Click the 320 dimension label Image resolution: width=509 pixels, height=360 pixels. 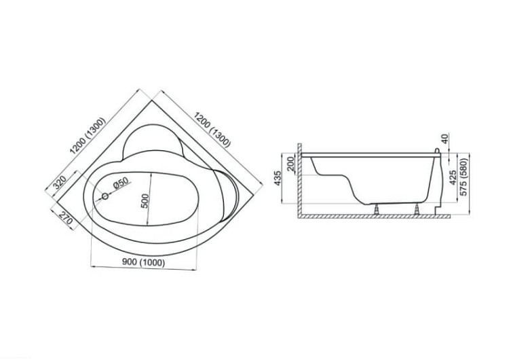click(60, 183)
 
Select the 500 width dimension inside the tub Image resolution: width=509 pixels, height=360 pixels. click(146, 201)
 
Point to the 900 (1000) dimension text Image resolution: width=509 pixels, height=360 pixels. click(143, 262)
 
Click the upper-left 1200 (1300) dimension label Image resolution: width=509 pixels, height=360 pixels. click(88, 135)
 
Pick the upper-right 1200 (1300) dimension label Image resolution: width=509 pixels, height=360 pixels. click(212, 129)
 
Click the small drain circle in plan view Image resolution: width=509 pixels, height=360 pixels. click(105, 196)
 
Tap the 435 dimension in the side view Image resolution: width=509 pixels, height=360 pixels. click(278, 179)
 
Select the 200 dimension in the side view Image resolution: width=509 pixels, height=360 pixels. click(290, 164)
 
